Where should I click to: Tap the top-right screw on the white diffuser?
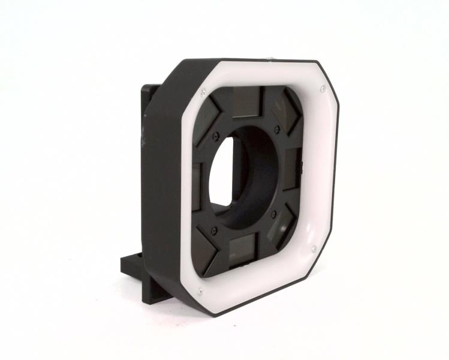coord(322,89)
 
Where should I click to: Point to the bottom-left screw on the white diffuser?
coord(198,292)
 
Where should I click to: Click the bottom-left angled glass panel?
coord(206,250)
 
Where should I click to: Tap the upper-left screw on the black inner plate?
coord(216,135)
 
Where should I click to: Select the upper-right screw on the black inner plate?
coord(276,128)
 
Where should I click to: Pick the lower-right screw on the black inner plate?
coord(273,213)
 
